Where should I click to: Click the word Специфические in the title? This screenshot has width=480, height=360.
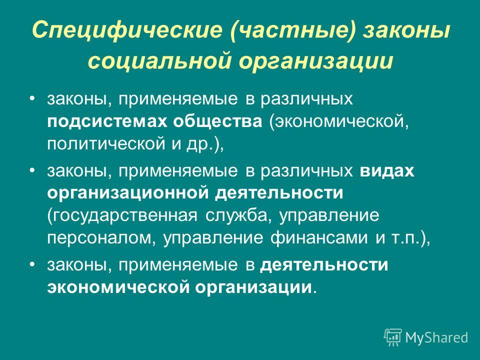click(127, 30)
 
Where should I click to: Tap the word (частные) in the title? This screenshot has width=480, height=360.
click(294, 30)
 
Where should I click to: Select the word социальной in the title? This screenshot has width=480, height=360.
click(159, 61)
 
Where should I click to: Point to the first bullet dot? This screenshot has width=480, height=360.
click(31, 98)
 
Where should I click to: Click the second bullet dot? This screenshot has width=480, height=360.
click(31, 170)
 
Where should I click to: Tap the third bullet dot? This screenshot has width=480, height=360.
click(31, 264)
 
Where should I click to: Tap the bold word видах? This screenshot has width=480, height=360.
click(387, 171)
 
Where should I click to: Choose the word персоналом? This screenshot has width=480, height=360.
click(101, 238)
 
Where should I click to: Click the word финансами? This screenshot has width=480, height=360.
click(319, 238)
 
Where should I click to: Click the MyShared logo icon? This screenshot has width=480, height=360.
click(393, 337)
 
